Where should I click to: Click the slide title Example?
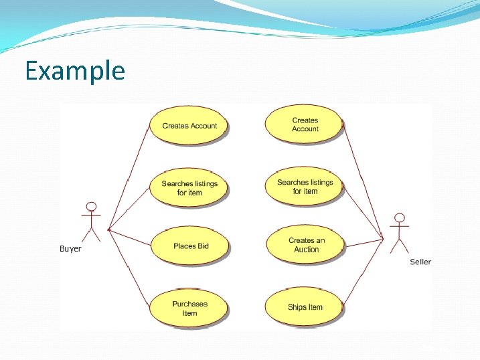(74, 70)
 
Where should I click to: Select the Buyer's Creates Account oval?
(189, 125)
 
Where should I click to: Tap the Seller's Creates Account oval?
(305, 124)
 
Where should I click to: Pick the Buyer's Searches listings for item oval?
(189, 187)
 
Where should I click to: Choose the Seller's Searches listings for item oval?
(305, 187)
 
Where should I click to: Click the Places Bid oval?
(191, 246)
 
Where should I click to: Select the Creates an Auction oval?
(306, 245)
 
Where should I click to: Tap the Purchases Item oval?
(189, 308)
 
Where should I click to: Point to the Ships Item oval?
(305, 307)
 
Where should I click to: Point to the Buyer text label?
(70, 249)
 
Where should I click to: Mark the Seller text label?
(420, 262)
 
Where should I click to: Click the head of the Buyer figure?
(91, 207)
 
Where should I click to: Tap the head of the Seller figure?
(400, 218)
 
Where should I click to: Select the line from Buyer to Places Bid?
(130, 238)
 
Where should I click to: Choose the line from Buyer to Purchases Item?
(129, 268)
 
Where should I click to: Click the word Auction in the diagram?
(307, 250)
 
